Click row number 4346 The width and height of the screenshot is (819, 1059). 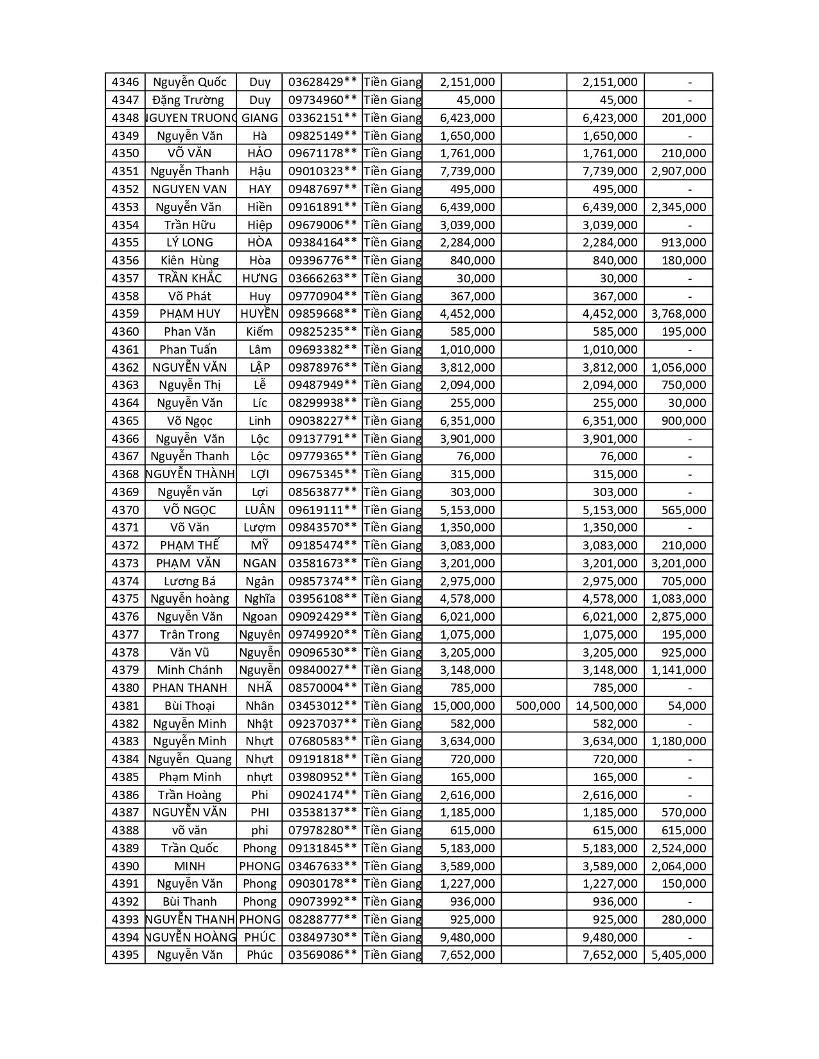[125, 82]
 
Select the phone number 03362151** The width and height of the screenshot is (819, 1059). [322, 118]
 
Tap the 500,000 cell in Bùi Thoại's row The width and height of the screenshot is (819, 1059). [538, 706]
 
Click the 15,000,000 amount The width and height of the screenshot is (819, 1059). [464, 706]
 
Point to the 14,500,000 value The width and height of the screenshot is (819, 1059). [606, 706]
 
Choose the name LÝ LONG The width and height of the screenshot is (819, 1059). [189, 243]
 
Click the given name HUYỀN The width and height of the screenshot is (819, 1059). [260, 314]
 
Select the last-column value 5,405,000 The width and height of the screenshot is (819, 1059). [678, 955]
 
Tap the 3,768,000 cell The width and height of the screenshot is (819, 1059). [678, 314]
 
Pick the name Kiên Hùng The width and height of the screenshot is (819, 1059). [189, 261]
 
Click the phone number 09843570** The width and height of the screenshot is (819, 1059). [322, 528]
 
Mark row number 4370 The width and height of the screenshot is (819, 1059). [125, 510]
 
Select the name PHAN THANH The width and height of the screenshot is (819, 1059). [189, 688]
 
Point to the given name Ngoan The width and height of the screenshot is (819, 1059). [260, 617]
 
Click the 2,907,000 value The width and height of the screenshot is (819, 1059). [678, 171]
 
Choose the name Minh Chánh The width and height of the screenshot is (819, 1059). [189, 670]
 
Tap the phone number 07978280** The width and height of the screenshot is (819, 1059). [322, 831]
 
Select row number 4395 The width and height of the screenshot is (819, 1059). [125, 955]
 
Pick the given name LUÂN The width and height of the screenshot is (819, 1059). [260, 510]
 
